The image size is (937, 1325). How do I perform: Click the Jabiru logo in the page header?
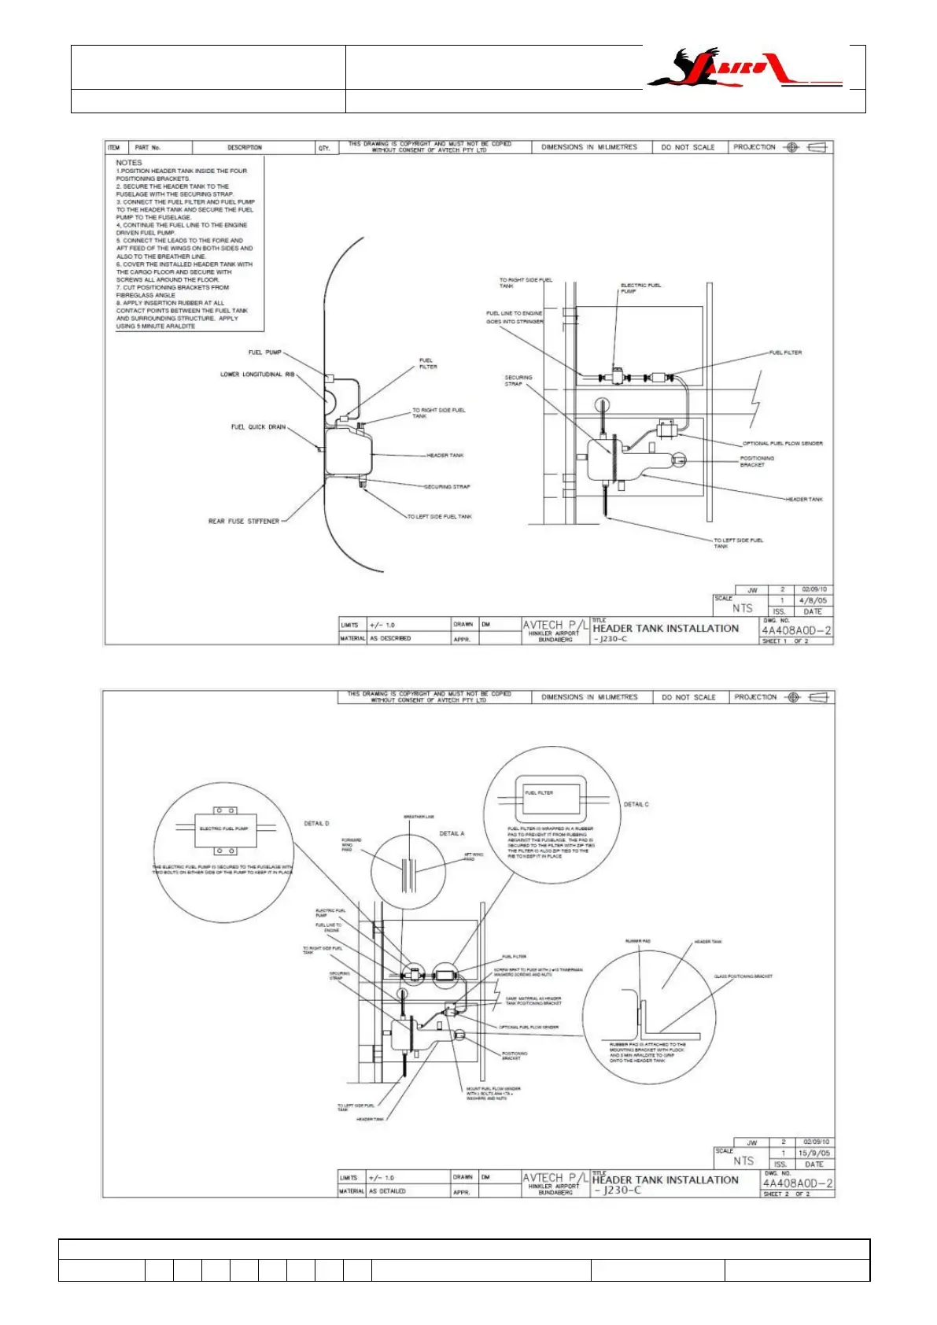click(743, 68)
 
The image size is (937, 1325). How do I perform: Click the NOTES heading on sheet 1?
click(129, 163)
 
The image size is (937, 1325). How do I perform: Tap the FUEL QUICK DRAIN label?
click(258, 427)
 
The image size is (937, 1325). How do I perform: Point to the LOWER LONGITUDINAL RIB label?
click(257, 375)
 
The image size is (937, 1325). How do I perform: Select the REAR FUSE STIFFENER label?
click(244, 521)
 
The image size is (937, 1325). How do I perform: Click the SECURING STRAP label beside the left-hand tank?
click(447, 487)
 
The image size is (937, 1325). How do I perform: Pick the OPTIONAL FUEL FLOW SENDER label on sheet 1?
click(783, 444)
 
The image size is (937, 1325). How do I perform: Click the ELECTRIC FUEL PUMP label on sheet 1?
click(640, 288)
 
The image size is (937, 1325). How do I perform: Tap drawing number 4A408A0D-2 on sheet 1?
click(796, 630)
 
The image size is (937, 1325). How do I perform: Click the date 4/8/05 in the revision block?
click(813, 600)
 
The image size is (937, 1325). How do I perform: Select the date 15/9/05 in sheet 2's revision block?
click(813, 1153)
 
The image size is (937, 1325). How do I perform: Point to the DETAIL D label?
click(316, 824)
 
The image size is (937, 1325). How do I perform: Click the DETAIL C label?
click(636, 804)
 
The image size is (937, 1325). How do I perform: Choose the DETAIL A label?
click(452, 833)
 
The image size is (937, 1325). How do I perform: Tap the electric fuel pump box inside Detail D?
click(224, 829)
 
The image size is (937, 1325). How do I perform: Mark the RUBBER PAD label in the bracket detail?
click(637, 941)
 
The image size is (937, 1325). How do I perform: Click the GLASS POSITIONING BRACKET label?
click(743, 976)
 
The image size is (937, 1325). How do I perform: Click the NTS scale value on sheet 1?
click(742, 608)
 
